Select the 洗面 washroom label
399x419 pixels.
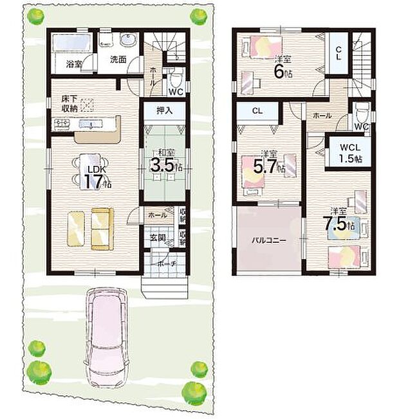[117, 60]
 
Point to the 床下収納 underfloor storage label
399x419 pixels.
[70, 103]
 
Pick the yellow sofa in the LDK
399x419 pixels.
[102, 228]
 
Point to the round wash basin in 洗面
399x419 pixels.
[127, 42]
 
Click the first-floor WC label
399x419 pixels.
[177, 91]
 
